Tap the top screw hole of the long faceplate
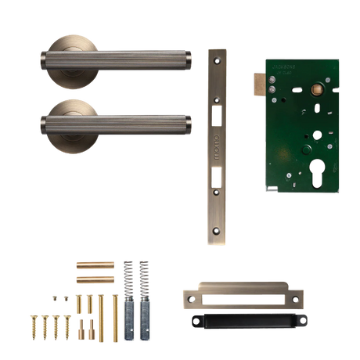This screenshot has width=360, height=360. (x=217, y=61)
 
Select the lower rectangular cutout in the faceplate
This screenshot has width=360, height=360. (x=217, y=178)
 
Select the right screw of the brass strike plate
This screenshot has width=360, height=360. (x=298, y=296)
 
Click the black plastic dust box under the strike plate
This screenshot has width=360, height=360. (x=243, y=319)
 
